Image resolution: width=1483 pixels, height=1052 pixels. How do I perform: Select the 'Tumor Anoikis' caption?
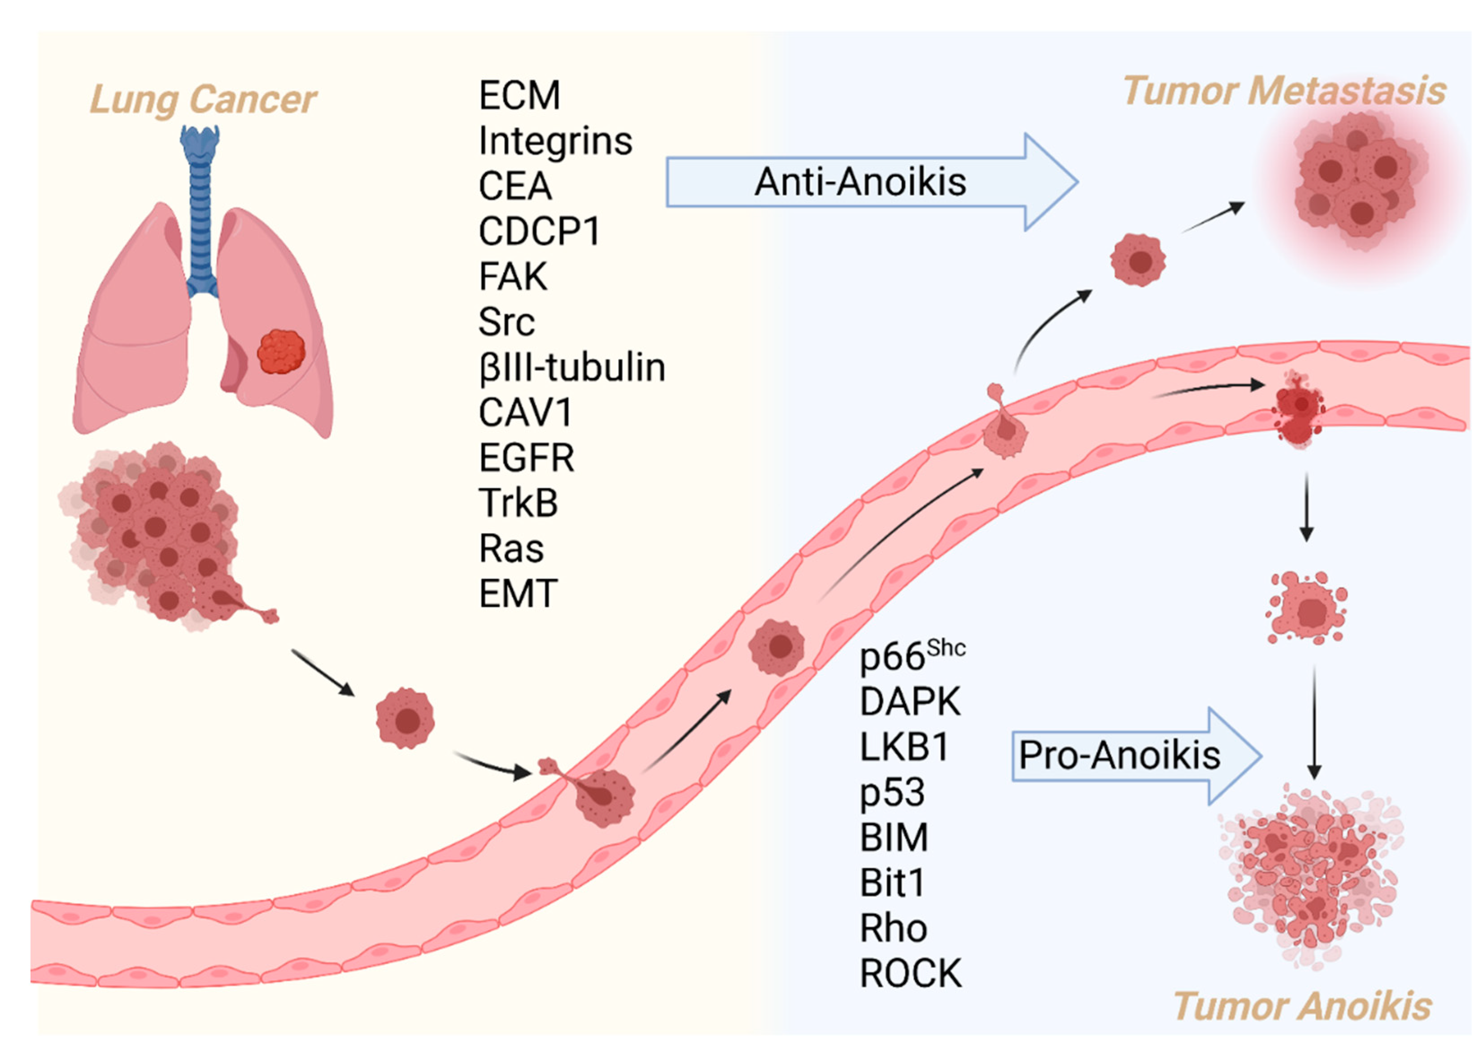coord(1302,1005)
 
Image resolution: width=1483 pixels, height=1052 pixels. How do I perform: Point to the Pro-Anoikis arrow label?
coord(1119,755)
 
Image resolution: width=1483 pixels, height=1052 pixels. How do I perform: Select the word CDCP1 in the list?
coord(539,231)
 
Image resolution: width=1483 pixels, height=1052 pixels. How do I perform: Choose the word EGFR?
coord(526,458)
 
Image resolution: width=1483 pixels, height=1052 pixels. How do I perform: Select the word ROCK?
coord(910,973)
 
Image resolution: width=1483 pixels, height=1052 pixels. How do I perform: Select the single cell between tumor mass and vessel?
coord(406,718)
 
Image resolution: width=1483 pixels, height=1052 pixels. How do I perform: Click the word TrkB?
coord(518,503)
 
